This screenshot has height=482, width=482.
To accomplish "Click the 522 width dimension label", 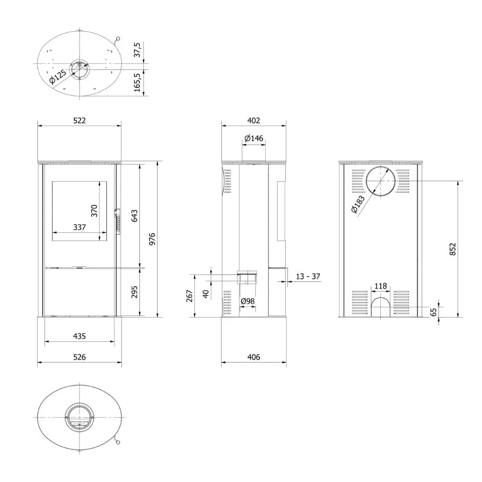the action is (x=80, y=120).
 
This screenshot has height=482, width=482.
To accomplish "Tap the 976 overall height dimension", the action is (x=152, y=239).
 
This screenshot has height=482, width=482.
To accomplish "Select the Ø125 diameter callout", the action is (x=58, y=77).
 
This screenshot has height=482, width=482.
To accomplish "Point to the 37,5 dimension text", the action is (x=137, y=50).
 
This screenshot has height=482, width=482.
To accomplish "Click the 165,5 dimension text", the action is (x=137, y=82).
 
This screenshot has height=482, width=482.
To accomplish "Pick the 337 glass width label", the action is (x=80, y=227).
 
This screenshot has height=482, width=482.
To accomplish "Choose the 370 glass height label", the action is (x=94, y=211).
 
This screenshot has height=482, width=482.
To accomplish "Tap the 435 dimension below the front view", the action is (x=80, y=336).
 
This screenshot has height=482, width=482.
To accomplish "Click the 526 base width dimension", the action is (x=80, y=357).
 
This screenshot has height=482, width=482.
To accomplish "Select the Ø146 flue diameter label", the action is (x=254, y=138).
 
